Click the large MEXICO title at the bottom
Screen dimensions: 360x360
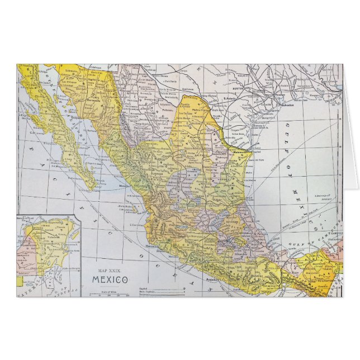pyautogui.click(x=110, y=280)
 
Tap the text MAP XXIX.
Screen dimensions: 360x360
pyautogui.click(x=109, y=271)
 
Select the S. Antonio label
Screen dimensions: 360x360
pyautogui.click(x=230, y=98)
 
